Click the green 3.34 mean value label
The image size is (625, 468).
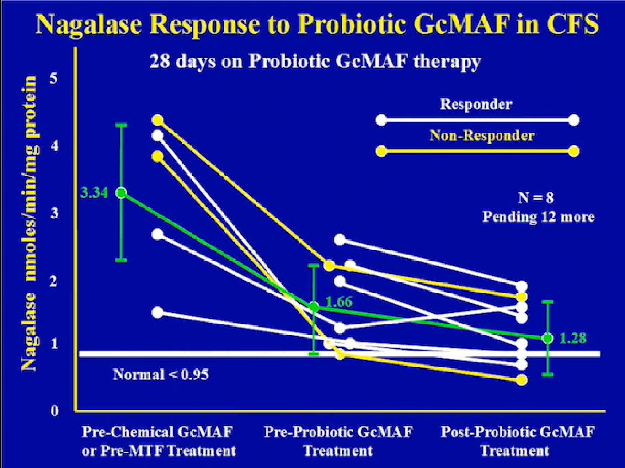point(94,193)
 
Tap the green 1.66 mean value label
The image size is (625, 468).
point(339,302)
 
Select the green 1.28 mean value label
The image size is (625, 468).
point(572,339)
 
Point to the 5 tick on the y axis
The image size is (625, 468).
point(53,79)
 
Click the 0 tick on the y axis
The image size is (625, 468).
point(54,411)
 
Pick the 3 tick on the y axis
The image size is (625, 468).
point(54,213)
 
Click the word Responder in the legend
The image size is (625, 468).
point(476,104)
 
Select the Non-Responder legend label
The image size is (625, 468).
point(482,135)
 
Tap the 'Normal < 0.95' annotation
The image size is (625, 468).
point(161,374)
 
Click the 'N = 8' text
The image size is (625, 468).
point(535,197)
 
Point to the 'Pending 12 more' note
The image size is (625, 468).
point(538,218)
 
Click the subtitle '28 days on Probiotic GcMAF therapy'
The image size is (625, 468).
point(315,61)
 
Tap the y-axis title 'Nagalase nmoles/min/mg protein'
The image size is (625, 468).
point(29,223)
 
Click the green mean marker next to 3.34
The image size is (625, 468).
point(121,193)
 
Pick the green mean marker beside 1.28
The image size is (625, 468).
point(547,339)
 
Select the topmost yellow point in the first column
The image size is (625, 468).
point(158,120)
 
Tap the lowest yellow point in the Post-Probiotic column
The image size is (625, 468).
point(522,380)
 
